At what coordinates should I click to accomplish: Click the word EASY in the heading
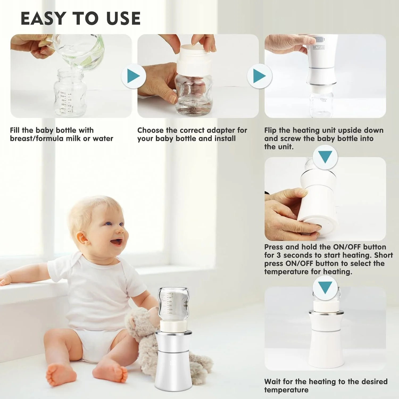click(43, 18)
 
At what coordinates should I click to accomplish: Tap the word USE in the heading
click(123, 18)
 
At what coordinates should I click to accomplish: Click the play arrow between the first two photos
click(134, 76)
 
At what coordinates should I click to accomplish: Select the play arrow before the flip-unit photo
click(260, 76)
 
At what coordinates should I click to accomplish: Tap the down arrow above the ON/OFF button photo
click(325, 157)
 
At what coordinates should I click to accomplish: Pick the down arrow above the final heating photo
click(325, 288)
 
